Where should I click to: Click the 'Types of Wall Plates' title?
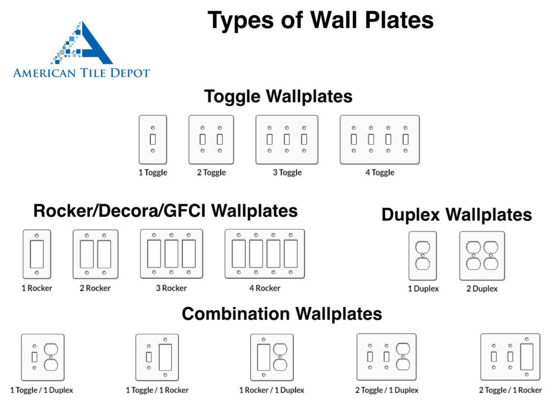pyautogui.click(x=321, y=21)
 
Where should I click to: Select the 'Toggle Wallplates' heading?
pyautogui.click(x=278, y=96)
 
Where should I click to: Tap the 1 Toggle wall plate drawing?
pyautogui.click(x=152, y=140)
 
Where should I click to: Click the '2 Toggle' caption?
pyautogui.click(x=211, y=173)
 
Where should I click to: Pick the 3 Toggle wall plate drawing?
pyautogui.click(x=287, y=140)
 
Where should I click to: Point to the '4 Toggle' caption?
pyautogui.click(x=380, y=173)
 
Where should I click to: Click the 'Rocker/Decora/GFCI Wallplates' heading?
pyautogui.click(x=165, y=211)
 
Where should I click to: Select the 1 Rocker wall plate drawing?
pyautogui.click(x=37, y=254)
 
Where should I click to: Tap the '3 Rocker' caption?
pyautogui.click(x=171, y=289)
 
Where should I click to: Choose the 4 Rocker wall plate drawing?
pyautogui.click(x=265, y=254)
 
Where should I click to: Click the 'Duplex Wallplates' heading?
pyautogui.click(x=456, y=215)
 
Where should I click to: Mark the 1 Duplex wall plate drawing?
pyautogui.click(x=423, y=256)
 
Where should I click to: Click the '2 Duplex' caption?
pyautogui.click(x=482, y=289)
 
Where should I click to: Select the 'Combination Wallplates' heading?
pyautogui.click(x=282, y=314)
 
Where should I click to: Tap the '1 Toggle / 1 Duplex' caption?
pyautogui.click(x=41, y=390)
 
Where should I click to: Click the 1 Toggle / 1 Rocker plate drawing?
pyautogui.click(x=157, y=357)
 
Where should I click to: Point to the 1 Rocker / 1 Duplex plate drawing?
pyautogui.click(x=271, y=357)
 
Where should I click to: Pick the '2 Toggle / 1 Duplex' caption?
pyautogui.click(x=387, y=390)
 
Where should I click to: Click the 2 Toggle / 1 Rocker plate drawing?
pyautogui.click(x=510, y=357)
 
